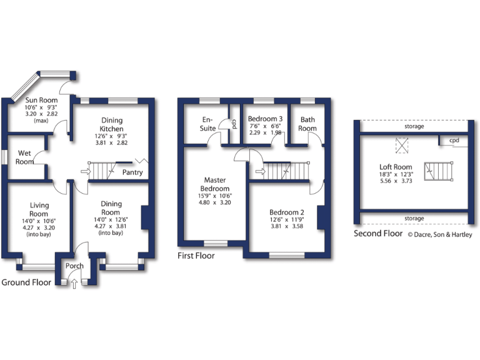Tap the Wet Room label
(x=26, y=157)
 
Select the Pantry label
(x=132, y=172)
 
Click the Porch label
(x=75, y=266)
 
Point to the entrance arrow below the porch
(x=75, y=284)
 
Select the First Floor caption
(x=196, y=256)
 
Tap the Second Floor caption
(x=378, y=234)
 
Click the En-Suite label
(x=208, y=124)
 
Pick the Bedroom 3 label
(x=266, y=119)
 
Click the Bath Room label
(x=307, y=124)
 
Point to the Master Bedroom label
(x=214, y=184)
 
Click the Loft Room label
(x=396, y=167)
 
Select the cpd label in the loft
(x=454, y=141)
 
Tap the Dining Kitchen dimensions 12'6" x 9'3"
(x=111, y=136)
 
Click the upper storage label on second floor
(x=414, y=126)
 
